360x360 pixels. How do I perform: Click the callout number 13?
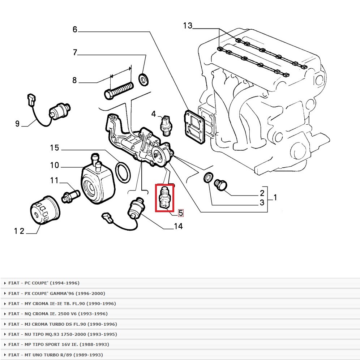click(x=188, y=26)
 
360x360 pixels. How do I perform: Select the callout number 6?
click(x=75, y=29)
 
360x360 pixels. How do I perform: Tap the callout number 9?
click(x=17, y=124)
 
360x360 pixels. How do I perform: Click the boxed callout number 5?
click(x=181, y=213)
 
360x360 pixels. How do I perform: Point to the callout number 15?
click(x=54, y=147)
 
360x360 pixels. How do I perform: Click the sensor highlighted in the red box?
click(x=164, y=197)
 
